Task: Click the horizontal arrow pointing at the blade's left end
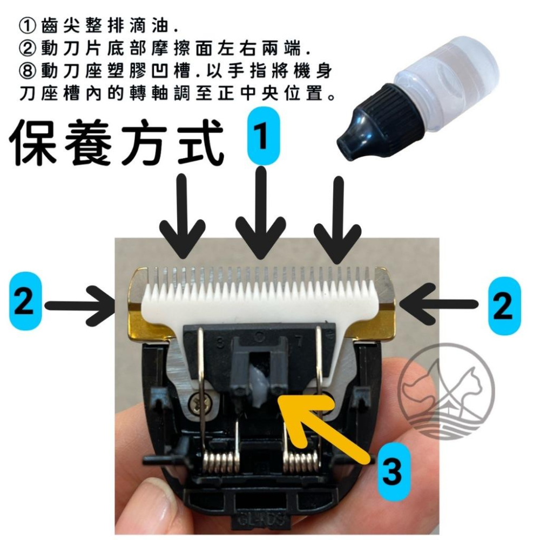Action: tap(81, 306)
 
